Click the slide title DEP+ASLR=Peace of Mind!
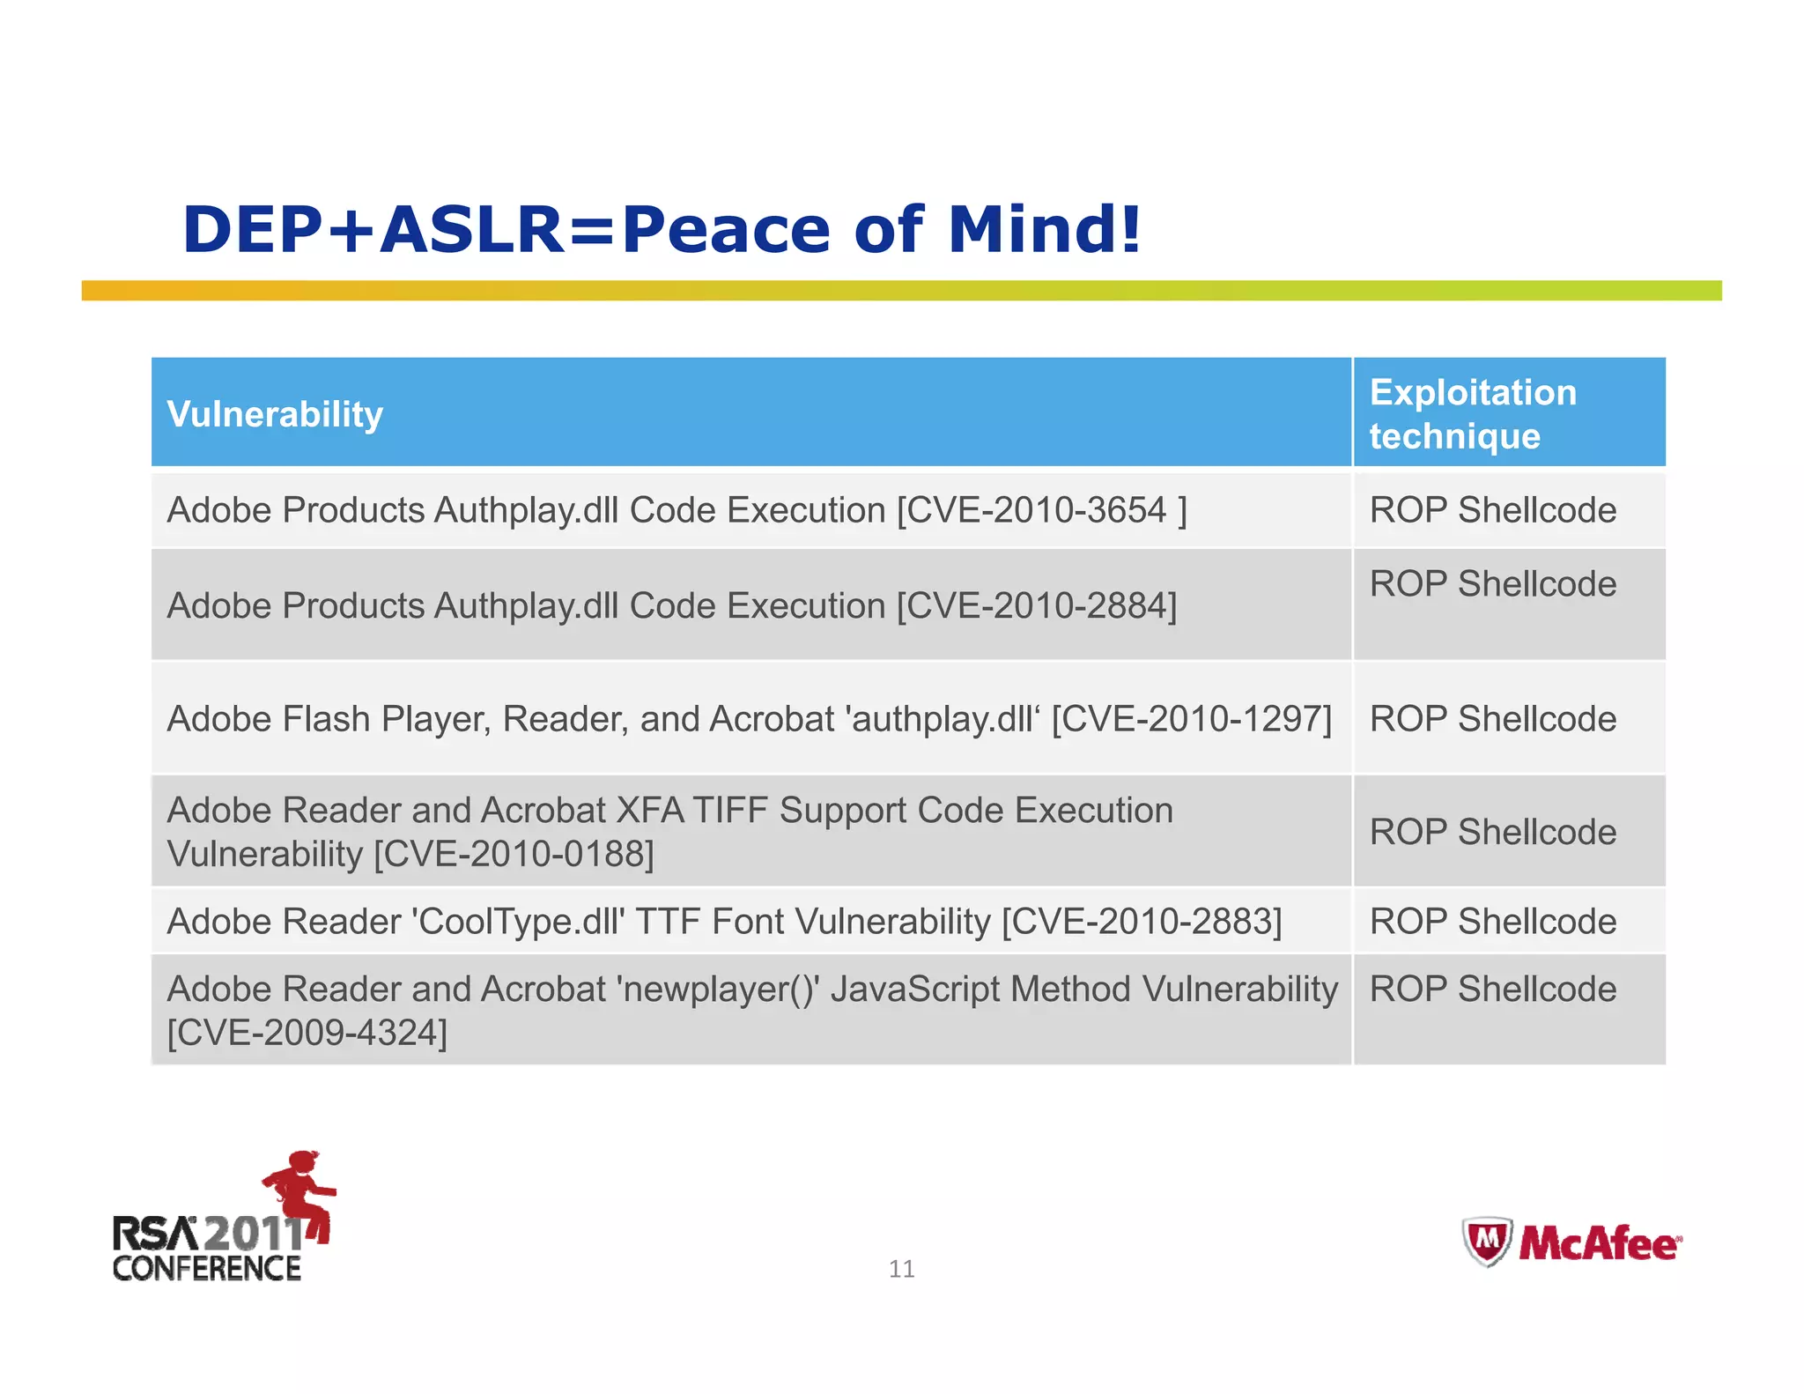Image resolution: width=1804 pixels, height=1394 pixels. (661, 229)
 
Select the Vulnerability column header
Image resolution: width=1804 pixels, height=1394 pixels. (275, 414)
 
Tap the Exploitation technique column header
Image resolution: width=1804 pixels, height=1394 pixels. (1473, 413)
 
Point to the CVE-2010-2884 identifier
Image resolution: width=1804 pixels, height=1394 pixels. (1036, 606)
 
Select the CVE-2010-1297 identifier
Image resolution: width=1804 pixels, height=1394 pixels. (1191, 719)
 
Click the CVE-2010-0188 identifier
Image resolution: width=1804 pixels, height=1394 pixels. (514, 854)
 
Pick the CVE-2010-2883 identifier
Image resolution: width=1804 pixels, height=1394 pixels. (1142, 922)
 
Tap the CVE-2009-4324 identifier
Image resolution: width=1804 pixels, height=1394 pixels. (307, 1033)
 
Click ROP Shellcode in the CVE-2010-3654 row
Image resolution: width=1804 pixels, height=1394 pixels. (1492, 510)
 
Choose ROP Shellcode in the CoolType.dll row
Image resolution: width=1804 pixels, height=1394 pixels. (1492, 922)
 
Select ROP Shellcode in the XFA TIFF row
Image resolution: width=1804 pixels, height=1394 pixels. (1492, 832)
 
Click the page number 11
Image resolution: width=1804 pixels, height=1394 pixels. (901, 1269)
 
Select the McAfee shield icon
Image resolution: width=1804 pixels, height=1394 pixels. (1487, 1242)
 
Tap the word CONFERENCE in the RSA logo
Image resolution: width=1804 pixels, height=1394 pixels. (207, 1269)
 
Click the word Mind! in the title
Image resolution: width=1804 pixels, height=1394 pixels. (1044, 229)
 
